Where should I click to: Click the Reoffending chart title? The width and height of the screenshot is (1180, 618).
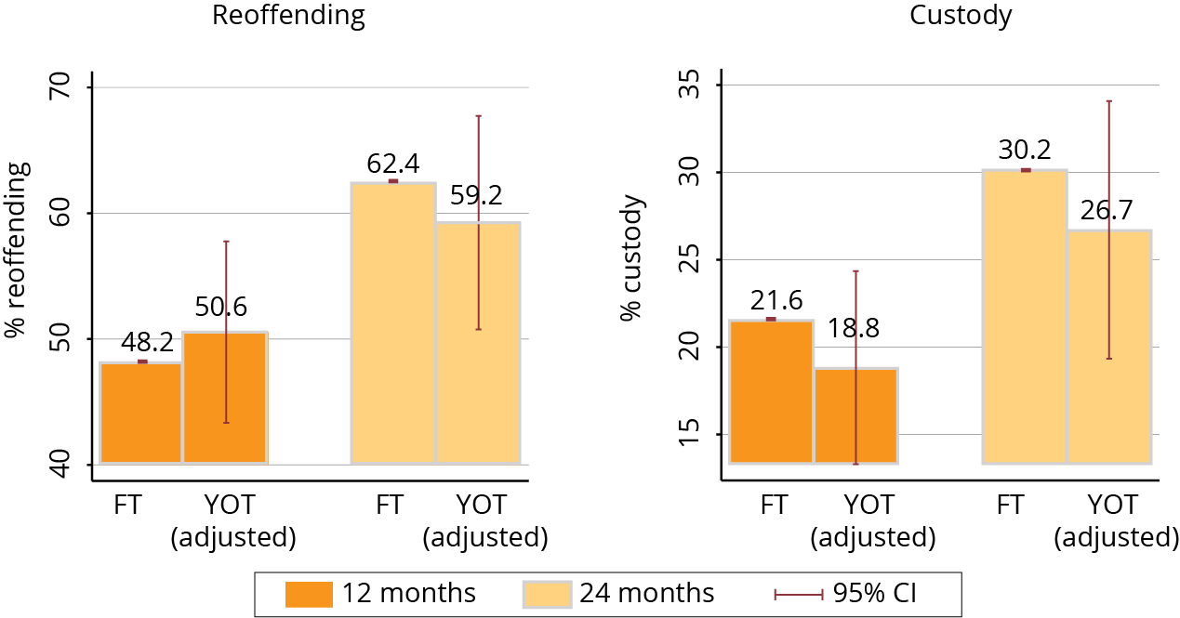[288, 16]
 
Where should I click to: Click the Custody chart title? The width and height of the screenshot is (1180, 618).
[961, 16]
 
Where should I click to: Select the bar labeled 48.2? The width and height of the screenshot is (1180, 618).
[140, 413]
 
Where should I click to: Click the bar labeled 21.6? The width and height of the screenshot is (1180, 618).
[771, 391]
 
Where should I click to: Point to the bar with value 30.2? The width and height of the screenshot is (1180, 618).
[1024, 316]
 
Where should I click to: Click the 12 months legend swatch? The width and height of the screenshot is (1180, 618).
[308, 593]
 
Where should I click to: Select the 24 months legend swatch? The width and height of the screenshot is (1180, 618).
[547, 593]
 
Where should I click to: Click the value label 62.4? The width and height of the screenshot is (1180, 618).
[393, 164]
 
